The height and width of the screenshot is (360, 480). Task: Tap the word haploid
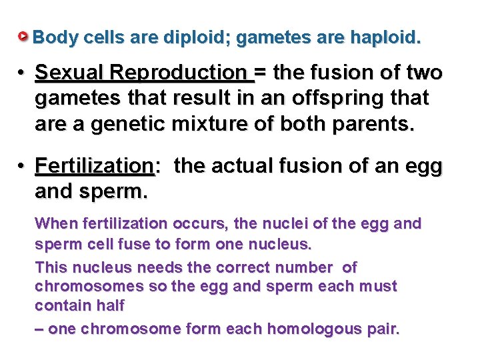tap(387, 37)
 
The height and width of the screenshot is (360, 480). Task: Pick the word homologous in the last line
tap(313, 329)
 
